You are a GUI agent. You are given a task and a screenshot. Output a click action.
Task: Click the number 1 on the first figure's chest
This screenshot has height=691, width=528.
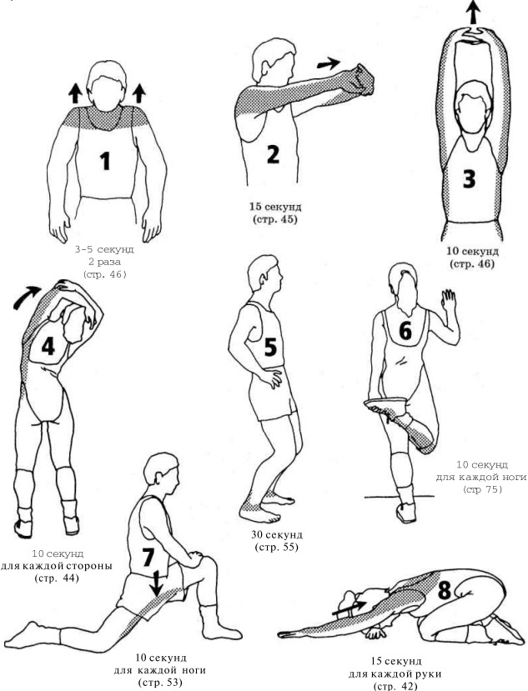105,161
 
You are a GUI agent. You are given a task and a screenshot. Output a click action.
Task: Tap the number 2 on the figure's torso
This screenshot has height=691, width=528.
273,154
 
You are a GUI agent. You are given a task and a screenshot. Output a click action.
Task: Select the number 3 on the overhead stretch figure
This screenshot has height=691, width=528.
469,179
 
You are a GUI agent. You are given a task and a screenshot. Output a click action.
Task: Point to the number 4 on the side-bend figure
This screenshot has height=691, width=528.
48,347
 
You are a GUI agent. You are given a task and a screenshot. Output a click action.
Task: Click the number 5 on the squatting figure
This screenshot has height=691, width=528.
270,347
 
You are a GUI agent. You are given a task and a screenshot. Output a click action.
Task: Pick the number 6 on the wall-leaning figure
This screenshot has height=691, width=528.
405,331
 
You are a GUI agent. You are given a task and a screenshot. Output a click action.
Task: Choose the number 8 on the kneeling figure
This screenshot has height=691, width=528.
445,590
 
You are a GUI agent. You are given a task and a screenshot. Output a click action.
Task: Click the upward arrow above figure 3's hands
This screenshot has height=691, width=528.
472,12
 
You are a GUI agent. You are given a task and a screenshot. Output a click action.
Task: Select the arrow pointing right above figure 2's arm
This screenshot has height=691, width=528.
329,64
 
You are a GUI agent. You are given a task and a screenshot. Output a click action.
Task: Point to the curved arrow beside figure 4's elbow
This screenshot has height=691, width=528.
26,297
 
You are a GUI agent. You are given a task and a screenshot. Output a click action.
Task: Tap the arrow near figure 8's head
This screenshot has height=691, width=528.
349,608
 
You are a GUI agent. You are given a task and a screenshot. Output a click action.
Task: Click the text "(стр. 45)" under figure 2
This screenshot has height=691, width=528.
274,219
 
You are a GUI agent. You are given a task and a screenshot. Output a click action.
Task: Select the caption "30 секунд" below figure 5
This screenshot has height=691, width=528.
277,535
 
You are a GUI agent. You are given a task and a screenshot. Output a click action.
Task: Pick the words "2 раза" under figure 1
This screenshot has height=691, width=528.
104,262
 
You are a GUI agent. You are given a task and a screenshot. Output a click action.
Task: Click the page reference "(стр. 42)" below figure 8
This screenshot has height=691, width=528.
395,686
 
